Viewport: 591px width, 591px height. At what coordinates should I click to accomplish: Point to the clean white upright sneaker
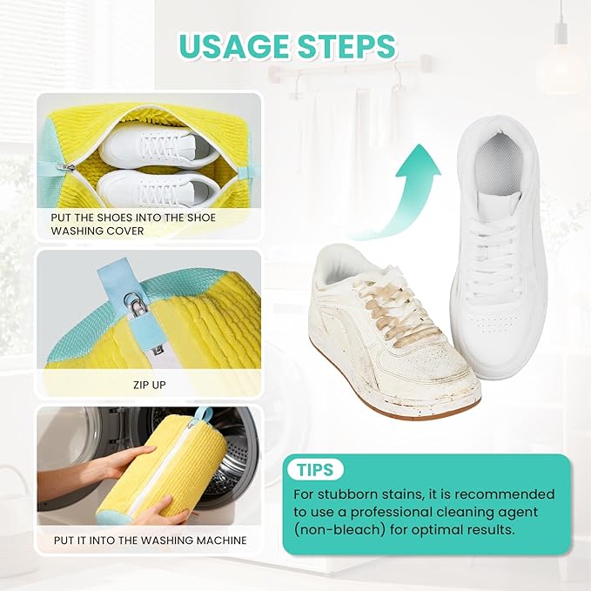pos(497,244)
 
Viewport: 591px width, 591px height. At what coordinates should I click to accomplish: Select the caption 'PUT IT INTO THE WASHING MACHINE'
pos(150,541)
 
